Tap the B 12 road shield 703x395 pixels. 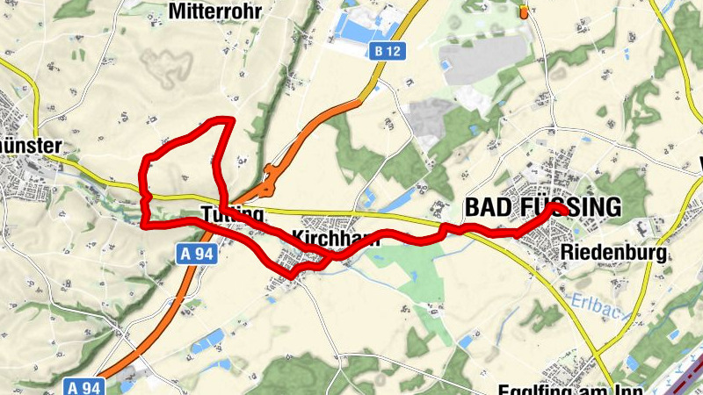387,51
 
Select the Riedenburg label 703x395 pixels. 612,253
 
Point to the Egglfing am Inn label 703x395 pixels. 571,389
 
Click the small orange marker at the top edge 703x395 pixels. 525,11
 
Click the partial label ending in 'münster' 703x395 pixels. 31,145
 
